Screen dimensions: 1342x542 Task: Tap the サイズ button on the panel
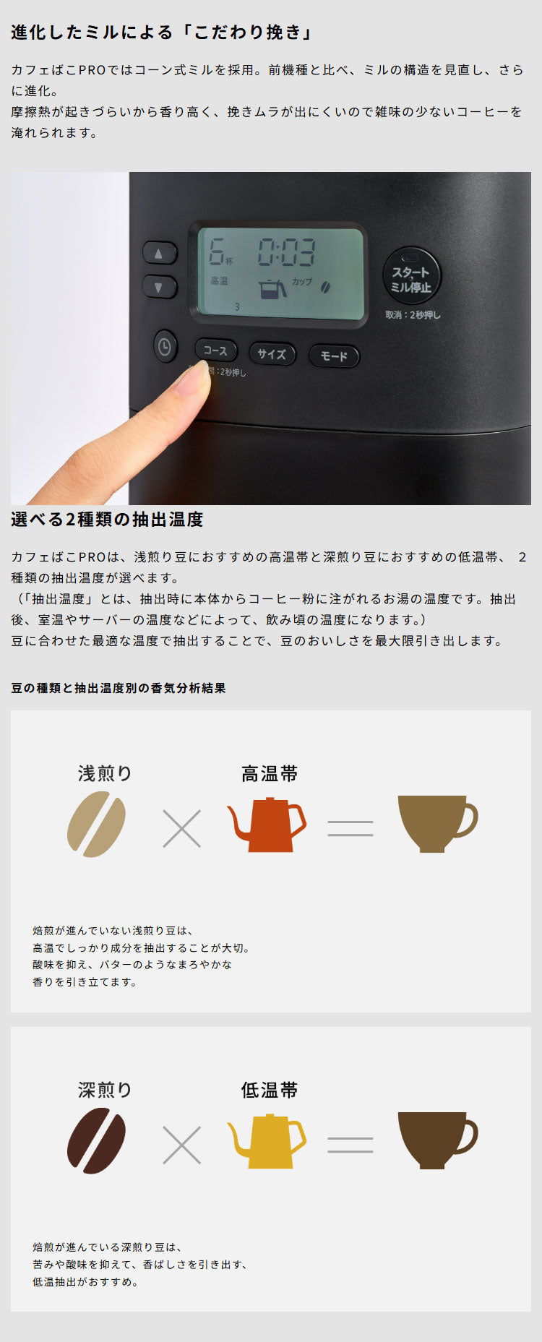272,353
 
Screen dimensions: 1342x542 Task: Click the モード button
334,356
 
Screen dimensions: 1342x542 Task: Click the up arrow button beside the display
159,254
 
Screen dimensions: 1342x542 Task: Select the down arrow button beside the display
159,287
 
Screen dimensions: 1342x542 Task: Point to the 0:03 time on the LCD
287,254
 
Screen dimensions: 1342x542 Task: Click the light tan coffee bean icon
96,824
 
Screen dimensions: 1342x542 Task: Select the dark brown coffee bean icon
96,1140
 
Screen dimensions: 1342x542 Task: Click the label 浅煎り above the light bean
105,773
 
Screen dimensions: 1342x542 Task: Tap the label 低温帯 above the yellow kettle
269,1090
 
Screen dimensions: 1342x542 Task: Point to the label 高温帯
269,774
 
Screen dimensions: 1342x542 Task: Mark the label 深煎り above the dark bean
105,1090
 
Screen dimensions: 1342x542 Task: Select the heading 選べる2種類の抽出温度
107,520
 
